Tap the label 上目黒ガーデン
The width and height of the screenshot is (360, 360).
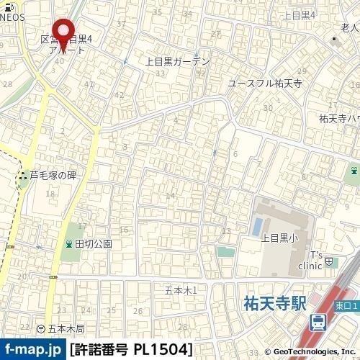tap(178, 62)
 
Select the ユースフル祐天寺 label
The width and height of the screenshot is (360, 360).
tap(265, 84)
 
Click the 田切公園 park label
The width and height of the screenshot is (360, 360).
tap(94, 244)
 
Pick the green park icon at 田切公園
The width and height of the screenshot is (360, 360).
tap(69, 244)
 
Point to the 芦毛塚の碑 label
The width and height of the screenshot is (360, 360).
tap(53, 175)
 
